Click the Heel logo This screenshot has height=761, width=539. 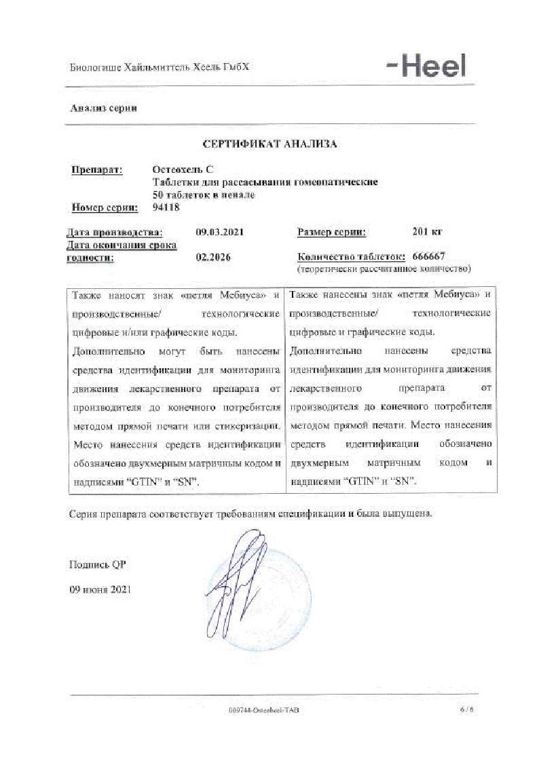427,66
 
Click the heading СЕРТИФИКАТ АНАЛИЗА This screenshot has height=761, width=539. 270,144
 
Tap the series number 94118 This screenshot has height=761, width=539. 167,208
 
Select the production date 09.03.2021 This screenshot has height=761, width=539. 219,232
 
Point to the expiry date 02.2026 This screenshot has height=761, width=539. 210,257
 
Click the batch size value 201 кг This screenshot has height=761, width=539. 427,232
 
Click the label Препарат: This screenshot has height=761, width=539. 97,170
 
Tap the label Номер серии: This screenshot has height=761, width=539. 105,208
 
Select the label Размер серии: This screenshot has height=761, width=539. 331,232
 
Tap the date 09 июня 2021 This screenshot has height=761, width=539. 100,589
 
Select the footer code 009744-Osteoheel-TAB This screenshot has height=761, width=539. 264,709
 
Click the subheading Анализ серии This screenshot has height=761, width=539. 103,109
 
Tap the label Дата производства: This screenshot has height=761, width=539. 114,232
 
